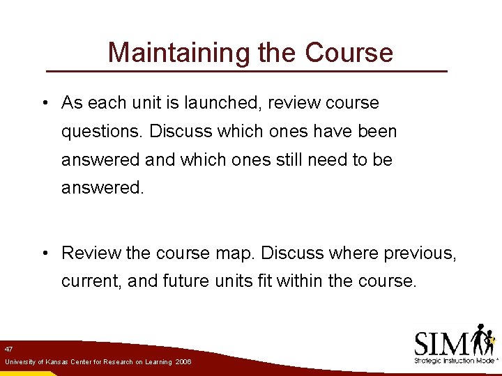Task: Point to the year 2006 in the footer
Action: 183,362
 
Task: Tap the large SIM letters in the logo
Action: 441,343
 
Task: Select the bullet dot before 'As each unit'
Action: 44,104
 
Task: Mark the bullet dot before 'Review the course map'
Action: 44,253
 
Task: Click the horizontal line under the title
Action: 246,71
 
